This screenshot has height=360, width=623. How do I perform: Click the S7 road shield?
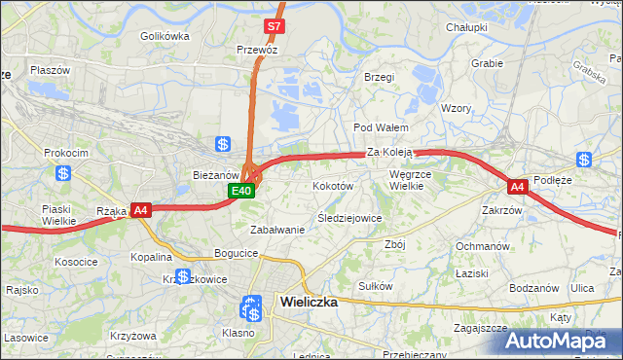275,26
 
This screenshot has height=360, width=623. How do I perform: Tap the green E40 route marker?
242,192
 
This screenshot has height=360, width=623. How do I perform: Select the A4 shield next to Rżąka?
140,209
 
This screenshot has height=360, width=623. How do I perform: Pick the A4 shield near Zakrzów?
517,186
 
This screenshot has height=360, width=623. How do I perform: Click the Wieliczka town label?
309,302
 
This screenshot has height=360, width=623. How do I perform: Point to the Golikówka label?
164,36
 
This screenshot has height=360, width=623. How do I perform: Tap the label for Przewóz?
258,48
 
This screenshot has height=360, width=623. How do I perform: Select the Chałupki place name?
466,28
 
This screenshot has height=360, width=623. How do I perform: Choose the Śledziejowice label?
349,218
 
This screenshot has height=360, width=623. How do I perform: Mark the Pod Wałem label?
380,127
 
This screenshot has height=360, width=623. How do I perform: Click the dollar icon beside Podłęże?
584,160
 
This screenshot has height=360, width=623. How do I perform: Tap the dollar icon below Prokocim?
63,173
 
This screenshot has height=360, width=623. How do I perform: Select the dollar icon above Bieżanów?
223,144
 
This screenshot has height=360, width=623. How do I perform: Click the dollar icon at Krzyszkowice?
183,275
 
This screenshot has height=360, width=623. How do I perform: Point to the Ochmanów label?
483,246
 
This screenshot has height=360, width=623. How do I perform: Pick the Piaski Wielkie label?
59,214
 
